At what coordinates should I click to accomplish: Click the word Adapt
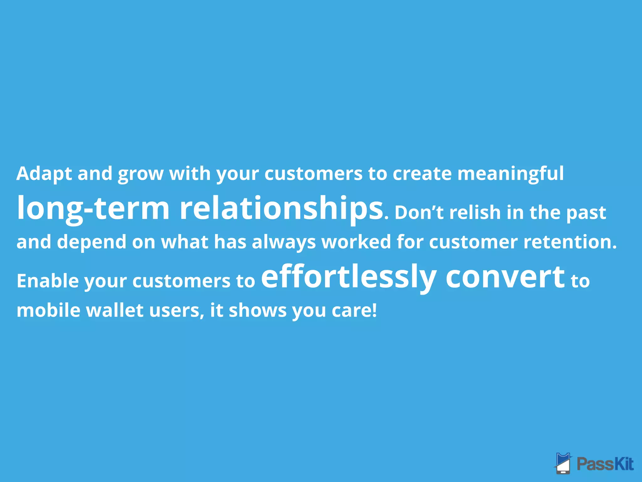coord(44,174)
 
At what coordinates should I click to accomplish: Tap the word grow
coord(141,174)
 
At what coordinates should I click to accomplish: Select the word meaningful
coord(510,174)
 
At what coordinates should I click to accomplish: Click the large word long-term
coord(93,209)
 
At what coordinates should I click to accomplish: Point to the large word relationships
coord(281,209)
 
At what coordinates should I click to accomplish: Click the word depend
coord(91,242)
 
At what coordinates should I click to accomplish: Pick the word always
coord(284,242)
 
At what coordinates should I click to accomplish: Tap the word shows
coord(257,310)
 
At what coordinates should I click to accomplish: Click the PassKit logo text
coord(605,464)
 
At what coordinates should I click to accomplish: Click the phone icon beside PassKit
coord(563,463)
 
